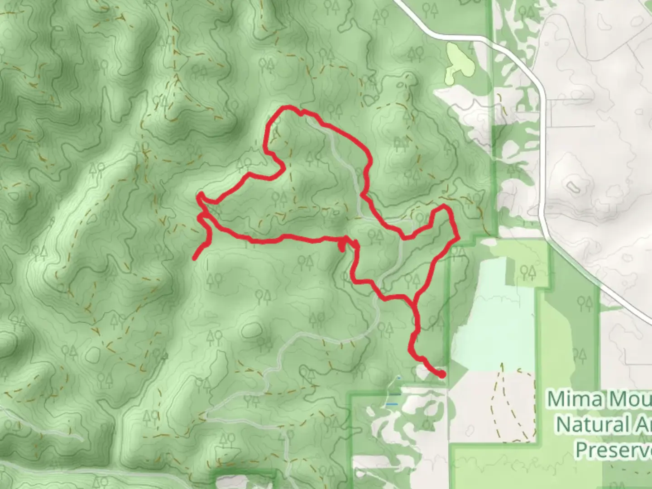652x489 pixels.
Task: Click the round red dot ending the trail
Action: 441,374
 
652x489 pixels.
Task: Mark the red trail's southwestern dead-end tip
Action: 195,259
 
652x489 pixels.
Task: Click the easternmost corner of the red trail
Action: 459,236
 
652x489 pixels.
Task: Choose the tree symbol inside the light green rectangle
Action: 528,272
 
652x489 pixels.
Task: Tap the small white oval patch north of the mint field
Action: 489,242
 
